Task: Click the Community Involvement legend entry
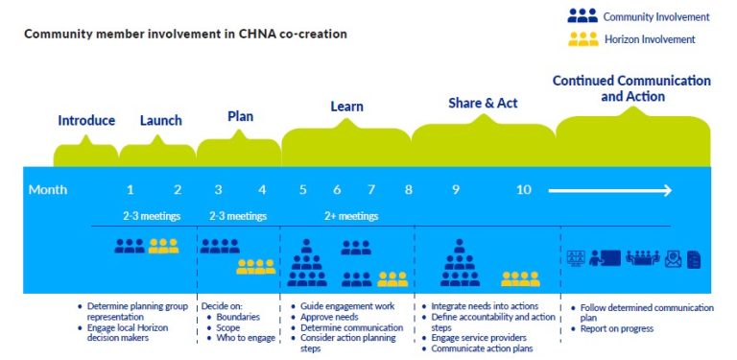pos(638,16)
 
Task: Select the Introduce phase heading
pos(86,121)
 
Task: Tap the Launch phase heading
pos(160,121)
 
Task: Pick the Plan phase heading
pos(240,116)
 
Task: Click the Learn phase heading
pos(346,107)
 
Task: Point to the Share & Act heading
pos(482,103)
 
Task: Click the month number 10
pos(523,190)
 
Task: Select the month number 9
pos(455,190)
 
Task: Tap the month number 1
pos(131,190)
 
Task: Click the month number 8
pos(408,190)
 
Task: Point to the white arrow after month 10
pos(609,191)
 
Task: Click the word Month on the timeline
pos(48,190)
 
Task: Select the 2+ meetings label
pos(350,216)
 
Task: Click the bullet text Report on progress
pos(616,328)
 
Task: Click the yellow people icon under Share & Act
pos(520,278)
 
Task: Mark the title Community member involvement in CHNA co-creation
pos(185,34)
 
